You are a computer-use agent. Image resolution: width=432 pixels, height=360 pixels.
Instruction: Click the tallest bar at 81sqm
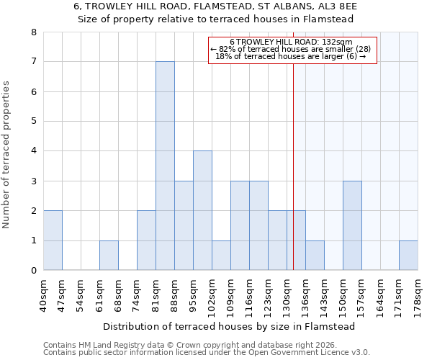coord(165,166)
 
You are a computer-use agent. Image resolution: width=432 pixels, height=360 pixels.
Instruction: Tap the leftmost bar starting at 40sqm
coord(53,240)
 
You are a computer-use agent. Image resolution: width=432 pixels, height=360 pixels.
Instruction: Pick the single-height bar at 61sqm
coord(109,256)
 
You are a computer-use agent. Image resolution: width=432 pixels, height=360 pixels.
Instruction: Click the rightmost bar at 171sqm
coord(408,256)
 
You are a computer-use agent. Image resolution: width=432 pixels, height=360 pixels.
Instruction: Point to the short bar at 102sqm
coord(221,256)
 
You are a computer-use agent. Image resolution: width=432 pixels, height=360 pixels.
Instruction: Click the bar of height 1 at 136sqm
coord(315,256)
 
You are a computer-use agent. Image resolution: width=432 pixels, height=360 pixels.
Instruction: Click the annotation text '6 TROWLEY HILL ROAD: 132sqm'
coord(291,42)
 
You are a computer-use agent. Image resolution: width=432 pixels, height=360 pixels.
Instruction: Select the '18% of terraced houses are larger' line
coord(291,57)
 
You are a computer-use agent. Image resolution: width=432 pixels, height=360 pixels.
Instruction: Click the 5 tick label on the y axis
coord(34,121)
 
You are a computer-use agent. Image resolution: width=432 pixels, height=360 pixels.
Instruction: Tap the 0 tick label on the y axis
coord(34,271)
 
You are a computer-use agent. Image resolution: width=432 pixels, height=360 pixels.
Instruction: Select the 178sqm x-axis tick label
coord(418,296)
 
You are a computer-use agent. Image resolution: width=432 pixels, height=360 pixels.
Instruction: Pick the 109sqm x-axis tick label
coord(231,296)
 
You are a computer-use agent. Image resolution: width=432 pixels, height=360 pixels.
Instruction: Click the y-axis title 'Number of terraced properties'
coord(7,155)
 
